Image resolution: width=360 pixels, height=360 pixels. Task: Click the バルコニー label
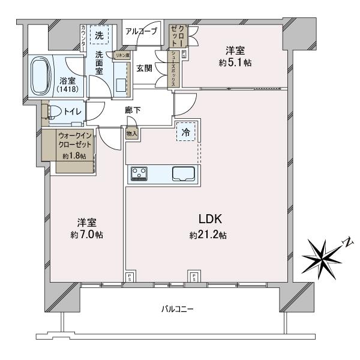177,309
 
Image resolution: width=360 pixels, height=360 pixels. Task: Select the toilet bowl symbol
53,112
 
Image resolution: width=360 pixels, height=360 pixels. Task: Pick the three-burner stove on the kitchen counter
140,173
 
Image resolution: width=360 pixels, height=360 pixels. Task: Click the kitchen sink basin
183,173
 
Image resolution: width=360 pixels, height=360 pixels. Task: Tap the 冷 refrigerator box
186,133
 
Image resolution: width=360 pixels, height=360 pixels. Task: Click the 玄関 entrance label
144,68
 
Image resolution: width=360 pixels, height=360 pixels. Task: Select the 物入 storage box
132,134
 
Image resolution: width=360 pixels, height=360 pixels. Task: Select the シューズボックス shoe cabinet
172,69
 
